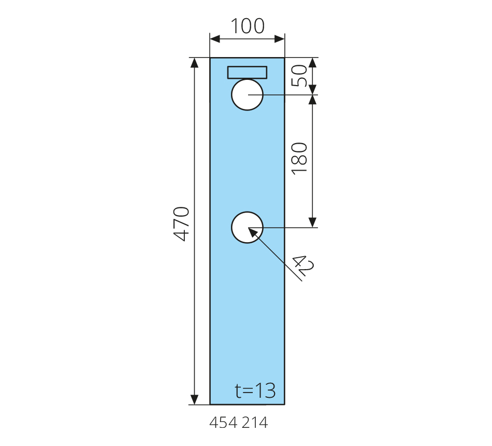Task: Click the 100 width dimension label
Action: (x=248, y=26)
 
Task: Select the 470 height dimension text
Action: (x=182, y=224)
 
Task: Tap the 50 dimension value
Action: (x=299, y=75)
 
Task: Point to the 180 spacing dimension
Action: (x=299, y=158)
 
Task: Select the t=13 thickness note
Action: (x=255, y=391)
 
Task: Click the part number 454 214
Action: (x=238, y=423)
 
